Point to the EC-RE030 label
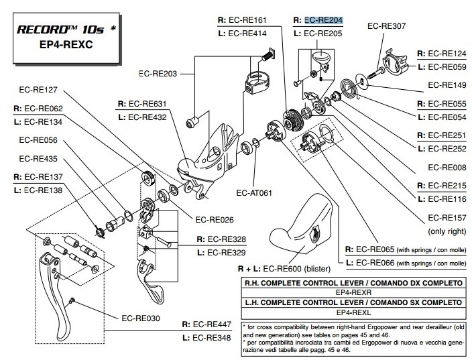pyautogui.click(x=141, y=318)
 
